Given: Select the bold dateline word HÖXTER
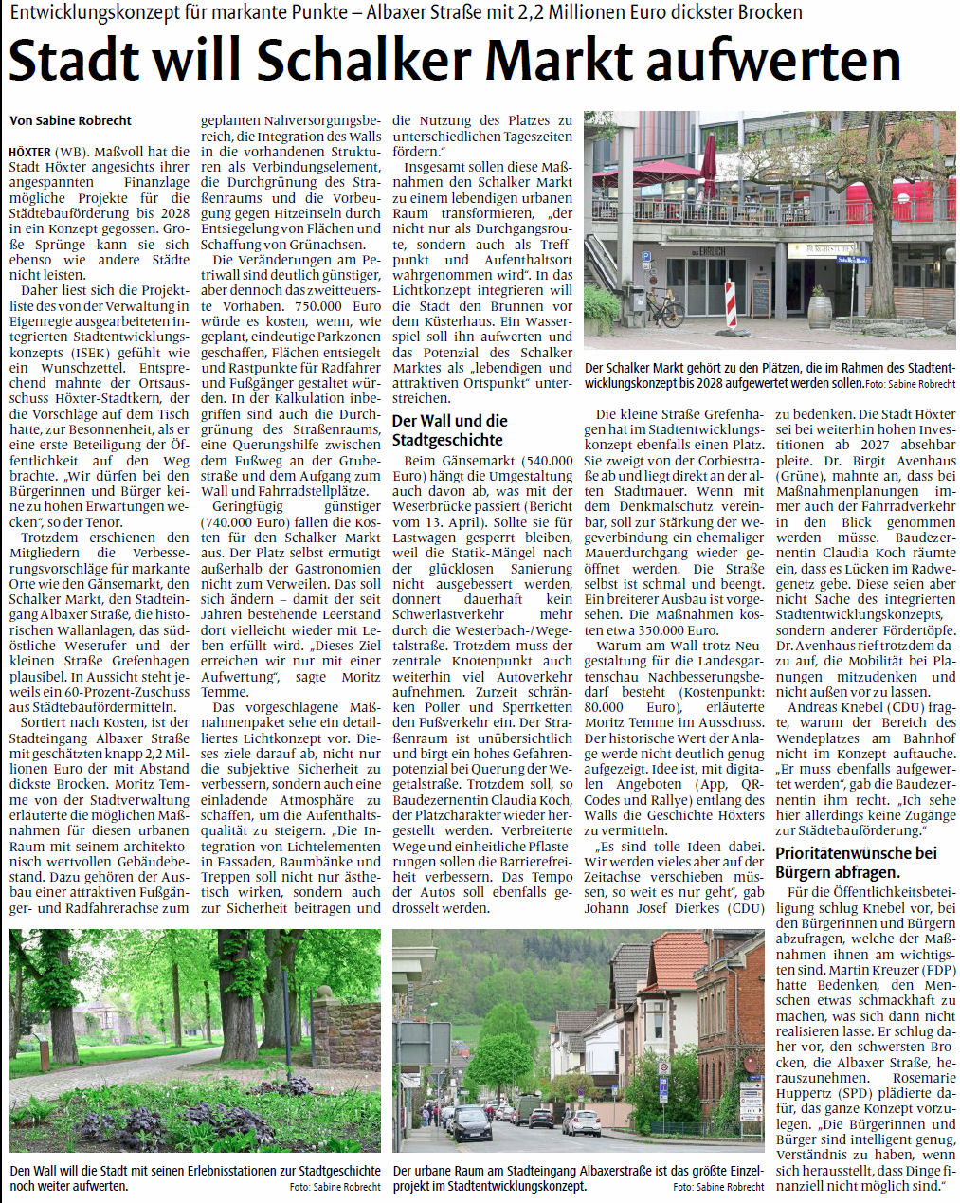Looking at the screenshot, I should pyautogui.click(x=29, y=152).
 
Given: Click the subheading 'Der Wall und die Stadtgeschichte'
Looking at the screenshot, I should pyautogui.click(x=450, y=429).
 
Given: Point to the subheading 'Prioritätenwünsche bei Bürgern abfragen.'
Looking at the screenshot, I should pyautogui.click(x=856, y=863).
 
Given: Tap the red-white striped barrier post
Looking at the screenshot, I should pyautogui.click(x=730, y=303).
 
